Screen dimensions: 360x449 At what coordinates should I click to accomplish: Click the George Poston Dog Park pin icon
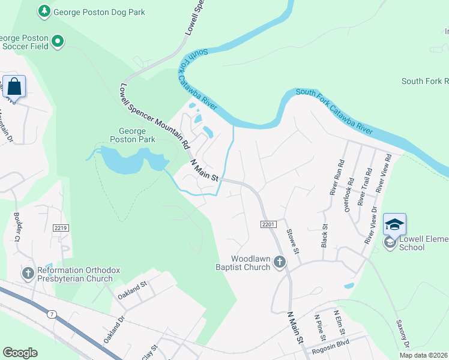44,11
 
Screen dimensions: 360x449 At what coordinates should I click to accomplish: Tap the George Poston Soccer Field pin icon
58,41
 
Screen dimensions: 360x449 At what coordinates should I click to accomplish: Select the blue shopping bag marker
14,86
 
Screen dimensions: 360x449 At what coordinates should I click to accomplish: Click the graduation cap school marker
394,224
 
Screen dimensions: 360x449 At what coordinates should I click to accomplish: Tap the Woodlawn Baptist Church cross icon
279,261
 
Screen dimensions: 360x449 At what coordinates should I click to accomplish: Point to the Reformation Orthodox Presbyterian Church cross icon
28,274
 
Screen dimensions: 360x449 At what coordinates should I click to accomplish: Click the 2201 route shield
268,224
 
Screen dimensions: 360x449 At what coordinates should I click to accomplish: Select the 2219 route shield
61,228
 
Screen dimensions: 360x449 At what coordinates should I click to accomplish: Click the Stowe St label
292,241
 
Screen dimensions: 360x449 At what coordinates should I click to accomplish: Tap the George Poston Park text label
133,135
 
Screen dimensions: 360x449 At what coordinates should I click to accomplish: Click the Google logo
20,352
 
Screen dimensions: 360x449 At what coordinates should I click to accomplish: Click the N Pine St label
319,325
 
